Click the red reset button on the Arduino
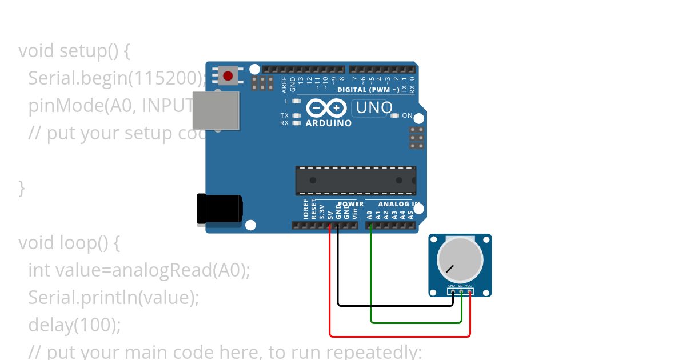pos(229,75)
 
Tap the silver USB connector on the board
pos(216,110)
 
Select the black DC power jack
pos(219,209)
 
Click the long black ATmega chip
pos(356,181)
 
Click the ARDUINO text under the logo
pos(329,123)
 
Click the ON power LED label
pos(407,115)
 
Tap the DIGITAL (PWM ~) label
pos(368,90)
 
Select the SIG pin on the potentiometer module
pos(461,291)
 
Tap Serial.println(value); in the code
pos(114,298)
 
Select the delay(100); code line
pos(75,325)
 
